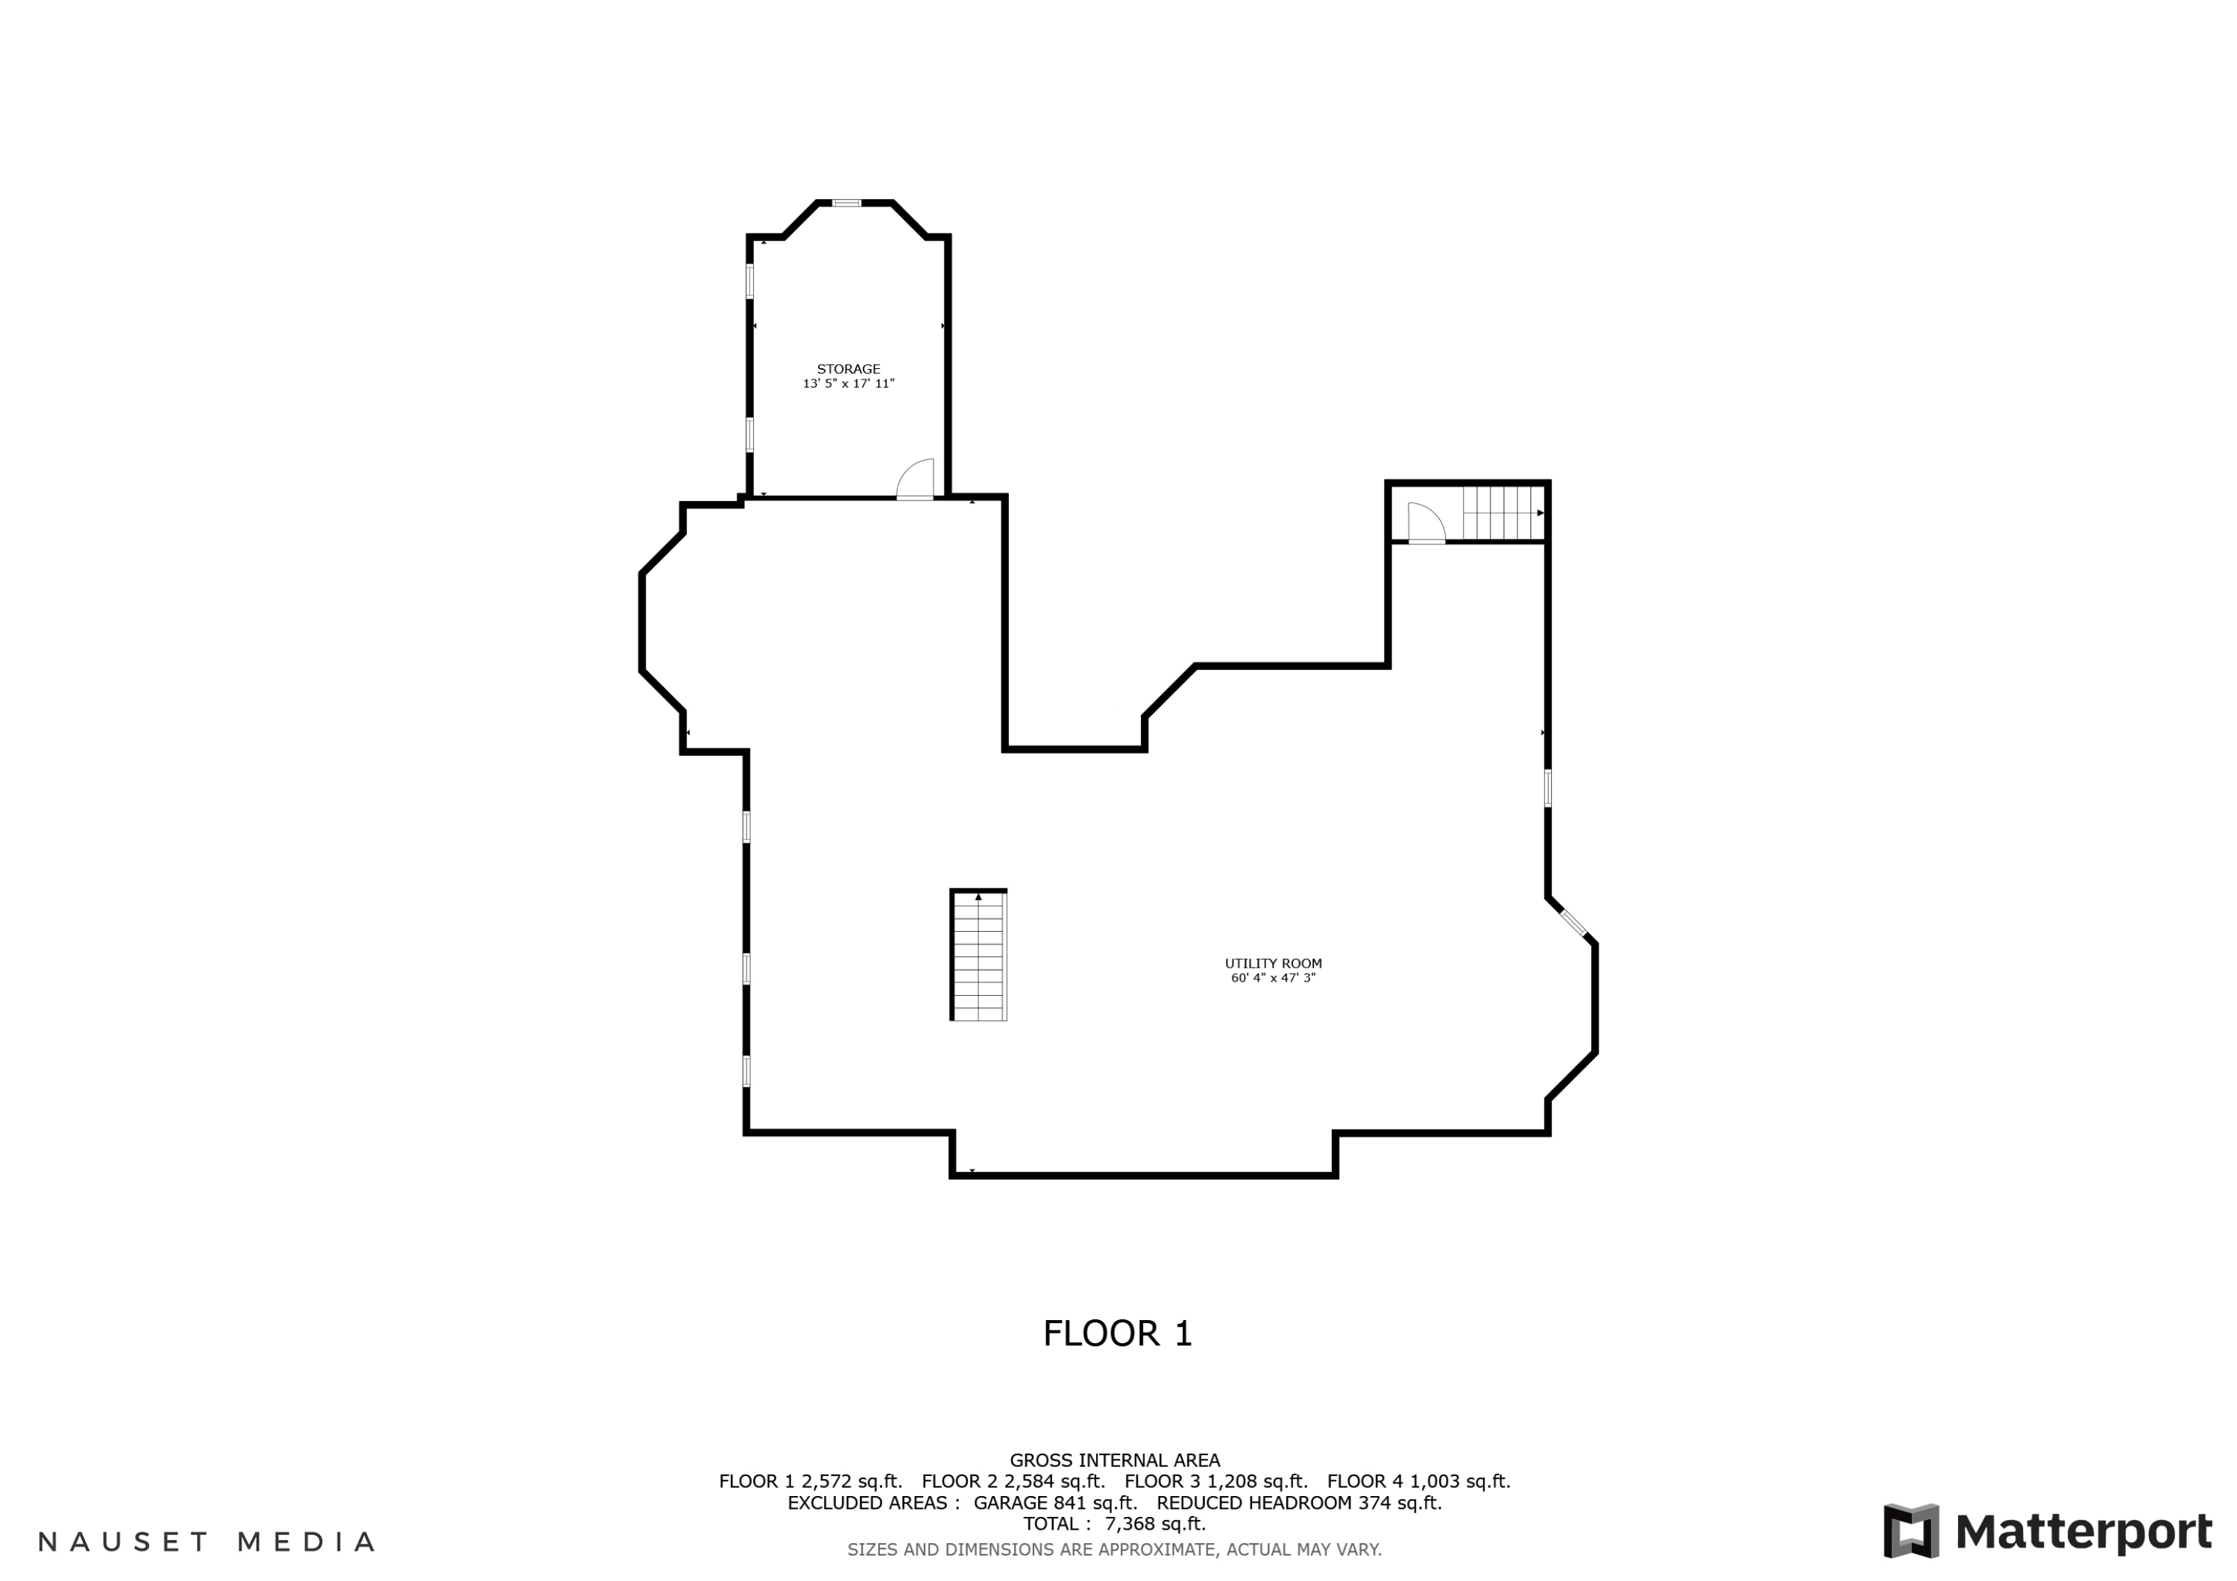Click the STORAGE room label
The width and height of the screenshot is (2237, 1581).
tap(848, 369)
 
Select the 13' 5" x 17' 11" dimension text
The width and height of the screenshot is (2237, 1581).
tap(848, 384)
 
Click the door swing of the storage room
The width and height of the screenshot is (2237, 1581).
tap(916, 480)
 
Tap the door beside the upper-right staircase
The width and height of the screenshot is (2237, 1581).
tap(1426, 523)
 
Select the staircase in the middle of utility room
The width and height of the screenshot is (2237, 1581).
tap(978, 956)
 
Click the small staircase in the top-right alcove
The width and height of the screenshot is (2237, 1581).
tap(1503, 512)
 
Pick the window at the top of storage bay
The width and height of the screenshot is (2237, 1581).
tap(846, 203)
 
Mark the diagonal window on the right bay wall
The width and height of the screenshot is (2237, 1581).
tap(1573, 924)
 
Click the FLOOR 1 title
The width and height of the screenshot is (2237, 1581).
tap(1118, 1334)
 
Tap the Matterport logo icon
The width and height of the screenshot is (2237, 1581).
tap(1910, 1530)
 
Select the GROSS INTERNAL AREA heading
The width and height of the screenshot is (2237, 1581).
tap(1115, 1460)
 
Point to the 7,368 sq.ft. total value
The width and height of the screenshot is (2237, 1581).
tap(1154, 1524)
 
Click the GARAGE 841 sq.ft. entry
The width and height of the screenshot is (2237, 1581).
tap(1055, 1502)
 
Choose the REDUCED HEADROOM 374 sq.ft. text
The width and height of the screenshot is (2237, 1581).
tap(1299, 1502)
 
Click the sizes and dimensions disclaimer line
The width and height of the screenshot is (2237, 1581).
tap(1115, 1549)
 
